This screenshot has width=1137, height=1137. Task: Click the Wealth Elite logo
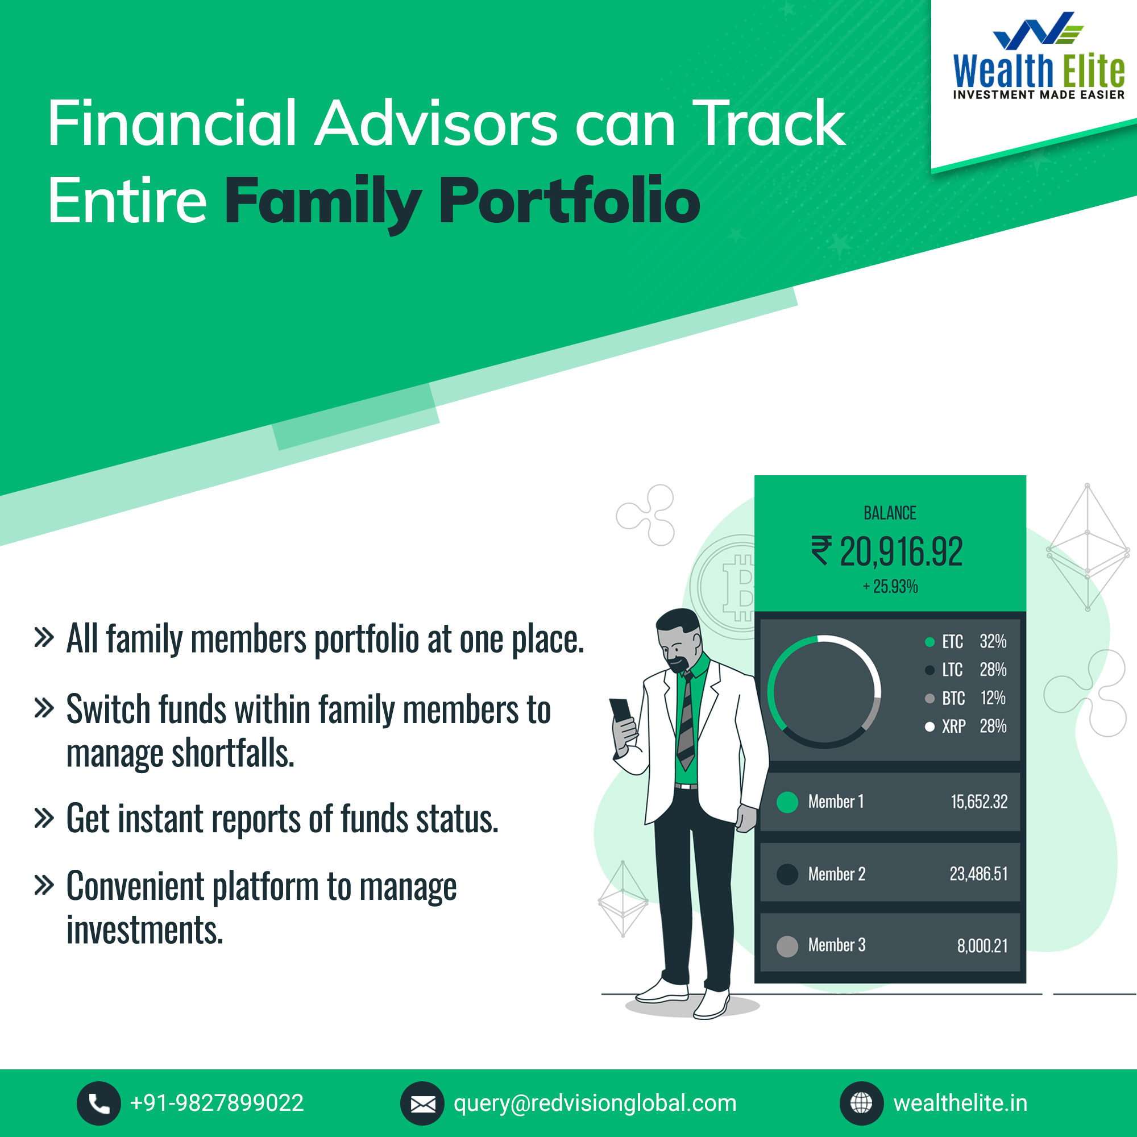(x=1039, y=56)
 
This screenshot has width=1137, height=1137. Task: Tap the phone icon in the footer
(x=99, y=1103)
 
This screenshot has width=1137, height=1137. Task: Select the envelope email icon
(x=422, y=1103)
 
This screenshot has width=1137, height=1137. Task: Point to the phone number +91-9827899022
(x=217, y=1103)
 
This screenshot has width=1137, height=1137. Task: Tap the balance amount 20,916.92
(x=901, y=552)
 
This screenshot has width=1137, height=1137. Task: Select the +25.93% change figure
(x=890, y=586)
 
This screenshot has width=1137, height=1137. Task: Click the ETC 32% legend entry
(x=966, y=641)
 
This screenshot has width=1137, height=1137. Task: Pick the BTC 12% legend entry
(x=966, y=698)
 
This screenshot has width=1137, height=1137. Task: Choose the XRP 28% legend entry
(x=966, y=726)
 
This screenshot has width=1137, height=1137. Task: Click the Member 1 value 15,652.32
(x=980, y=802)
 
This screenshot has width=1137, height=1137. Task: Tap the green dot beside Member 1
(x=787, y=802)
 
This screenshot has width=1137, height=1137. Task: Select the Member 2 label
(x=837, y=874)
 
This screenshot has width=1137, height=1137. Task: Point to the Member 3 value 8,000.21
(x=982, y=946)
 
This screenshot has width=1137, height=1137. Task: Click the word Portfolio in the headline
(x=569, y=201)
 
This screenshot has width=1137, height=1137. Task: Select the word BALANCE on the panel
(x=890, y=513)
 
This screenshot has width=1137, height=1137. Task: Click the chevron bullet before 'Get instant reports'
(x=44, y=818)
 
